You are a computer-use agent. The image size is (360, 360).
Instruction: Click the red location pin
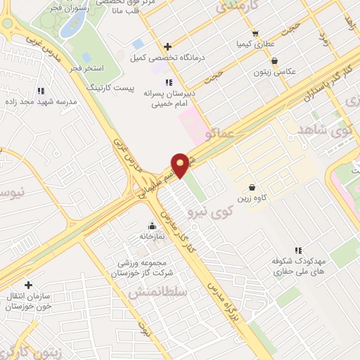point(181,165)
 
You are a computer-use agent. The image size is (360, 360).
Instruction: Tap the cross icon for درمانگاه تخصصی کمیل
point(168,46)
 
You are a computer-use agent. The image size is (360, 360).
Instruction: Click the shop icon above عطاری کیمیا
point(255,32)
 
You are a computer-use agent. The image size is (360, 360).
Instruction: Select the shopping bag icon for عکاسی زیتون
point(274,61)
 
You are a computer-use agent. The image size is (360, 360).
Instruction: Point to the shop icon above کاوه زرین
point(252,187)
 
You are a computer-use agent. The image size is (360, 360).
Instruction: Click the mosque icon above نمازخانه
point(152,226)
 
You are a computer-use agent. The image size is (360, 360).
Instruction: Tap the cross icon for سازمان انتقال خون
point(28,285)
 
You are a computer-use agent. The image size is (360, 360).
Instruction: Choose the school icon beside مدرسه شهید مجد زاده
point(41,91)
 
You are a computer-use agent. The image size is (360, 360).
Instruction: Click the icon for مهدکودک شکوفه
point(298,250)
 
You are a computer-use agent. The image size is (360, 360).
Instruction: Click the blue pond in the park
point(70,25)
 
